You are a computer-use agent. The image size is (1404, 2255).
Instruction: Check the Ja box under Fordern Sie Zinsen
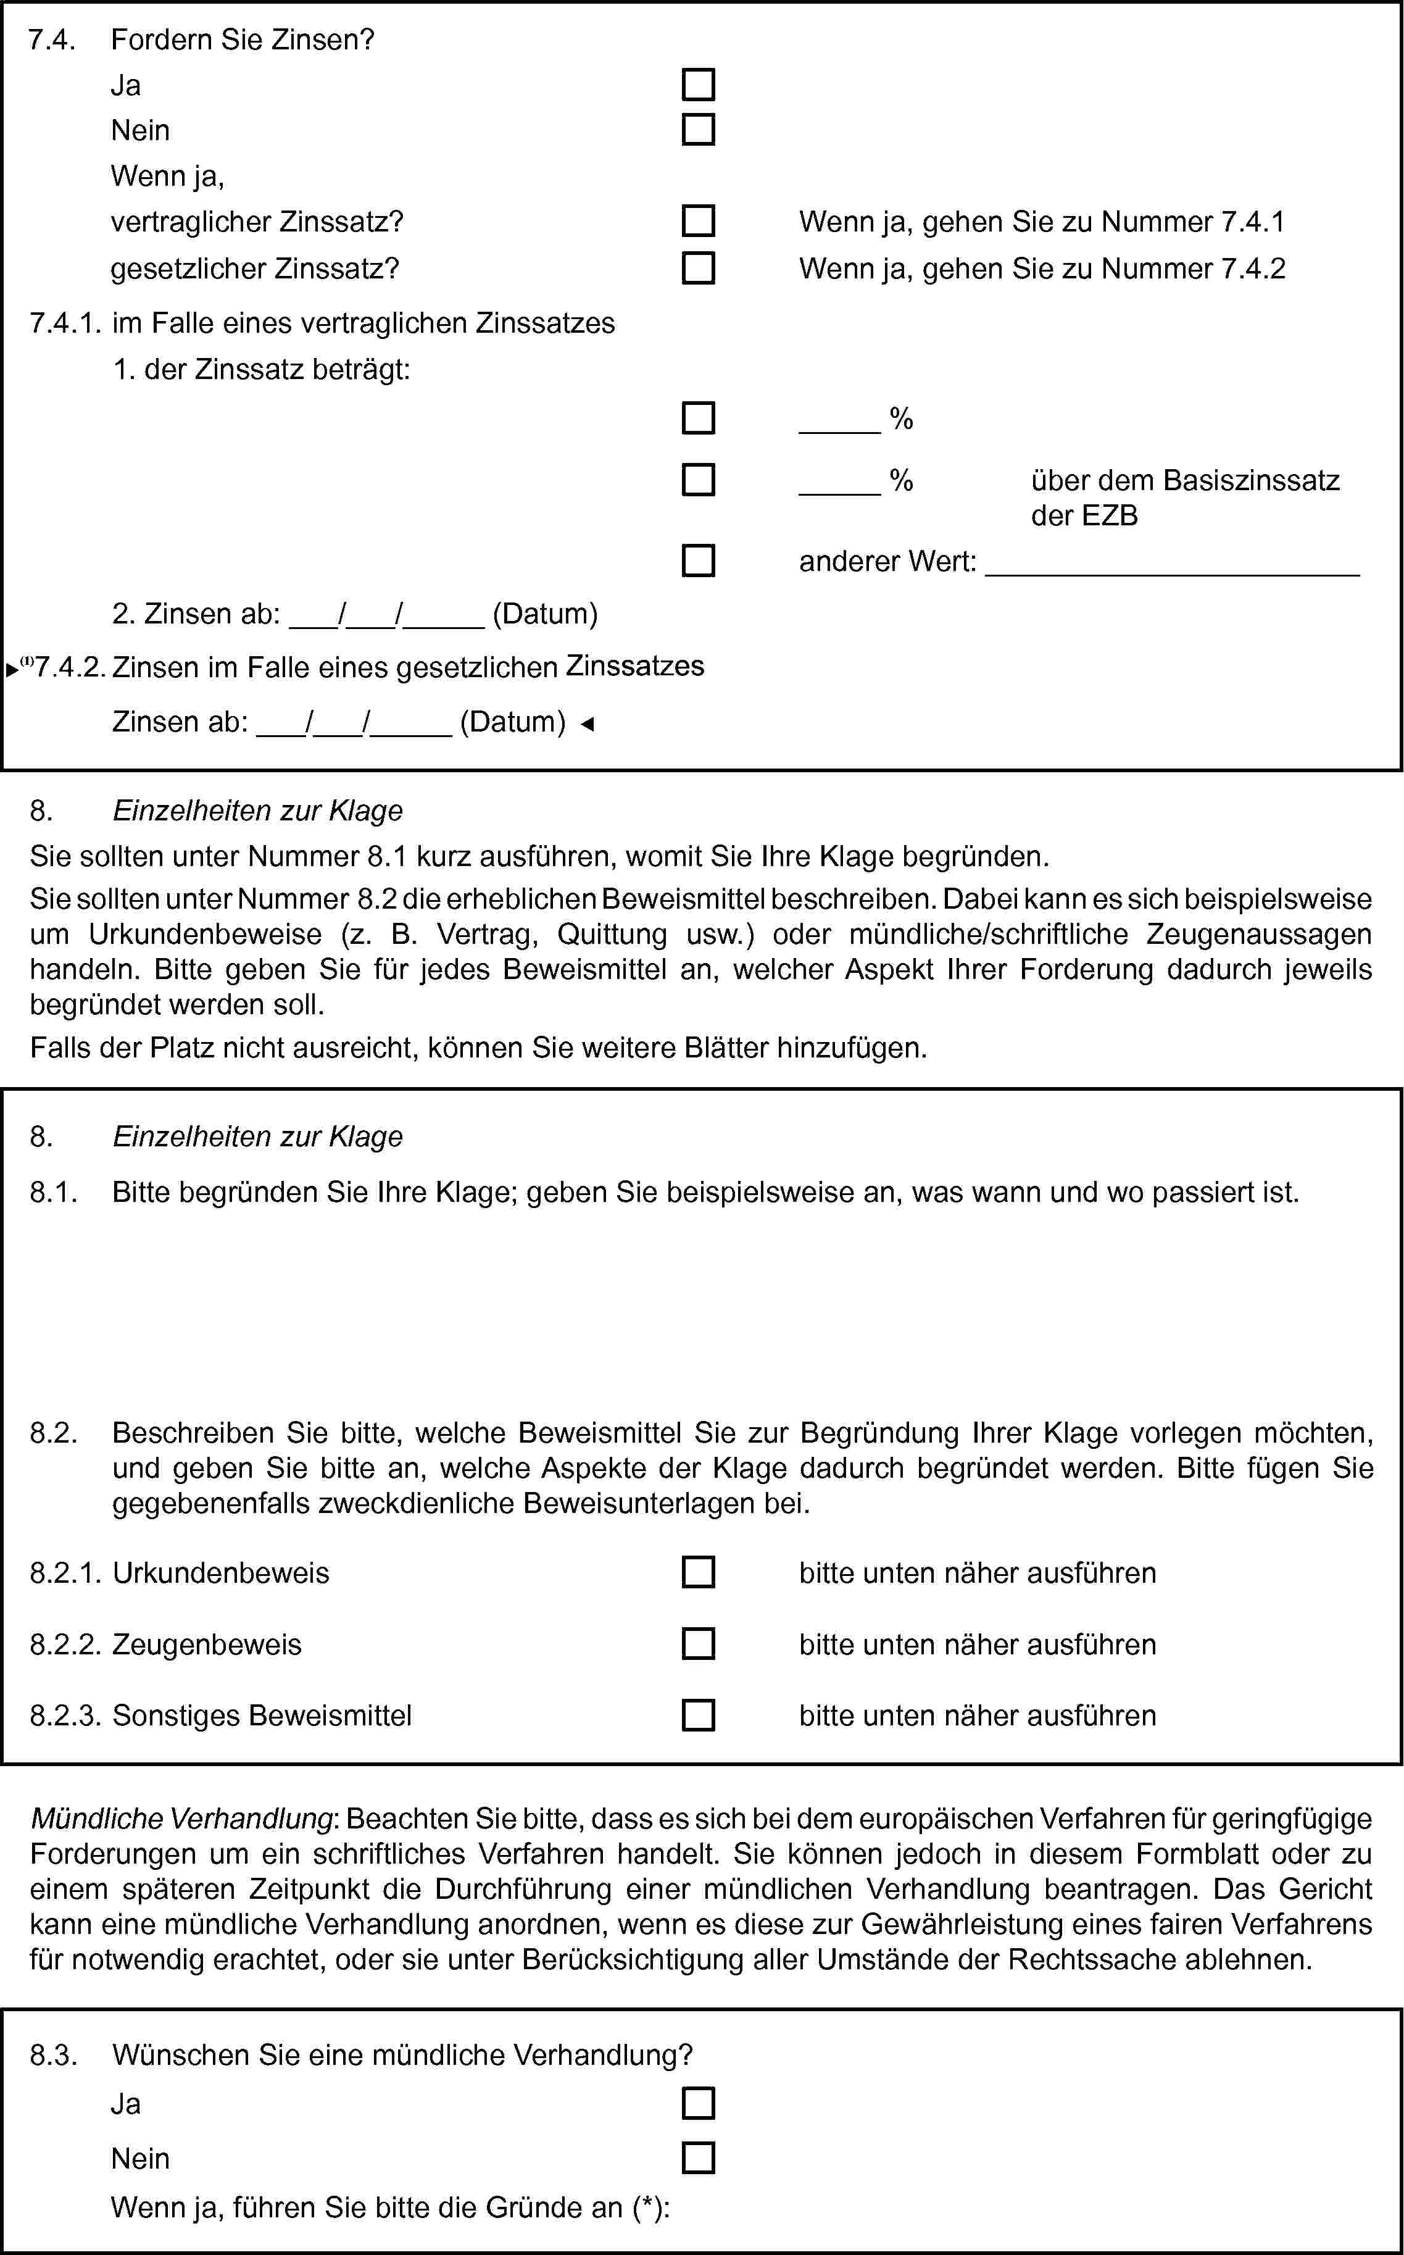pyautogui.click(x=698, y=85)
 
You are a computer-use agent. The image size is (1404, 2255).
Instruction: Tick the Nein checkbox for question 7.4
pyautogui.click(x=698, y=129)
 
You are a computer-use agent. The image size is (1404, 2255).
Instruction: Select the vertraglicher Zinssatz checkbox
pyautogui.click(x=698, y=221)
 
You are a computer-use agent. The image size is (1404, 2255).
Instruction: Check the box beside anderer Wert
pyautogui.click(x=698, y=561)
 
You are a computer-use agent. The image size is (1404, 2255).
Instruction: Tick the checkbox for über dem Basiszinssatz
pyautogui.click(x=698, y=480)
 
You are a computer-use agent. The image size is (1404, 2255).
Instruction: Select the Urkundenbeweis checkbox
pyautogui.click(x=698, y=1572)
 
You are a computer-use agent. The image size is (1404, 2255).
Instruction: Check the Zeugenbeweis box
pyautogui.click(x=698, y=1644)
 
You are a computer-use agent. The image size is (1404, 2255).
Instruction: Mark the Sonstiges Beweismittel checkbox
pyautogui.click(x=698, y=1715)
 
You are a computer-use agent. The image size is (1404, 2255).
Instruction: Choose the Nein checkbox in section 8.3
pyautogui.click(x=698, y=2157)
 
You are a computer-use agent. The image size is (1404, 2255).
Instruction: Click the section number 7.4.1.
pyautogui.click(x=65, y=323)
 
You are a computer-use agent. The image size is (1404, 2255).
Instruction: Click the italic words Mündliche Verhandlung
pyautogui.click(x=182, y=1819)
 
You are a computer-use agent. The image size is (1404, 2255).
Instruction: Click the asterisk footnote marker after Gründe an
pyautogui.click(x=648, y=2207)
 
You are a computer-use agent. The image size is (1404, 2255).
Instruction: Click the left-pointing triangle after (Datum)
pyautogui.click(x=587, y=723)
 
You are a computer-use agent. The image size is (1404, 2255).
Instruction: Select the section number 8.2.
pyautogui.click(x=52, y=1433)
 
